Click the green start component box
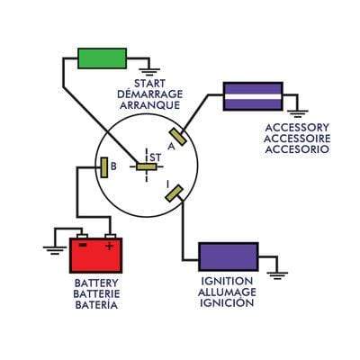coord(103,58)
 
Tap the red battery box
coord(95,255)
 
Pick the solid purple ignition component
coord(228,256)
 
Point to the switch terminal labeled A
coord(179,139)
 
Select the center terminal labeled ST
coord(145,166)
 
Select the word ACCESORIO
coord(297,148)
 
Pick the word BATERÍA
coord(95,305)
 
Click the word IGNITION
coord(228,282)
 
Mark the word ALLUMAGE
coord(228,292)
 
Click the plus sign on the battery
coord(110,245)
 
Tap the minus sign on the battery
coord(81,245)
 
